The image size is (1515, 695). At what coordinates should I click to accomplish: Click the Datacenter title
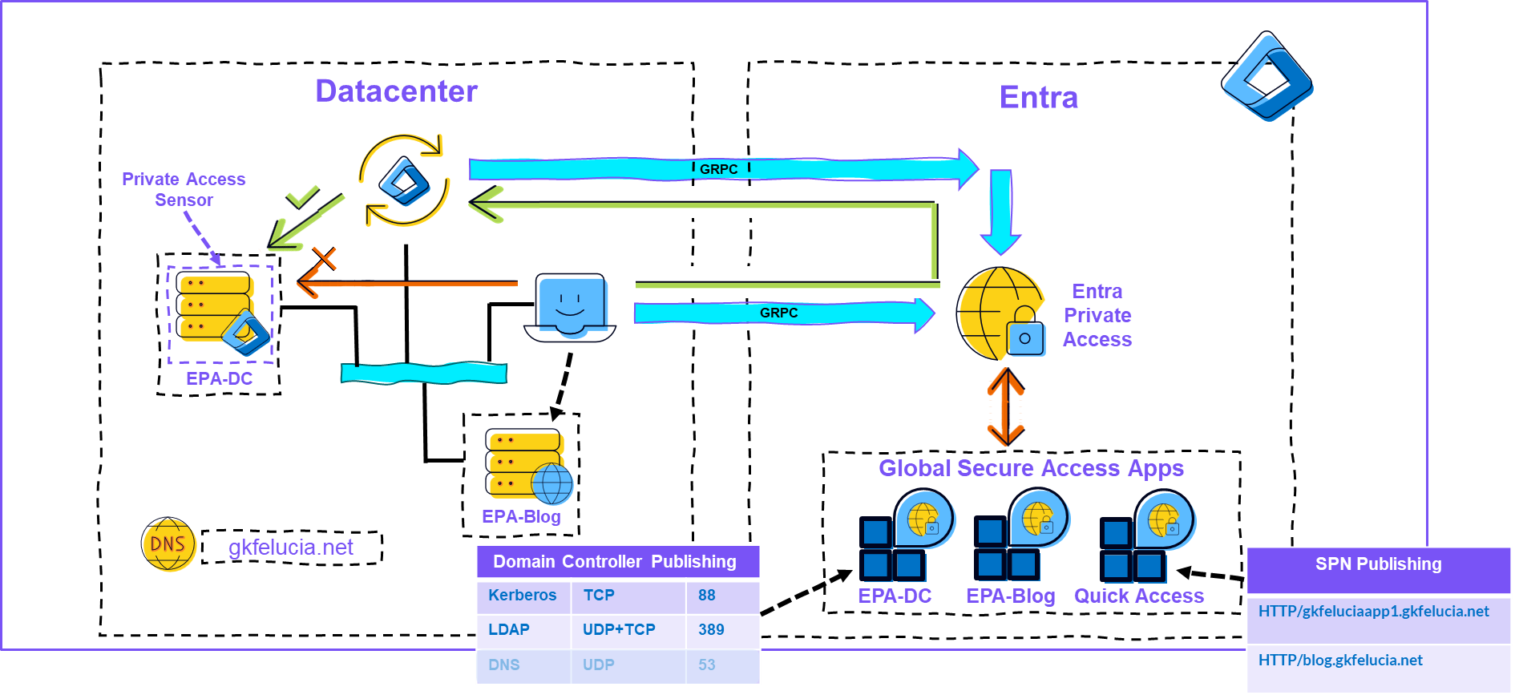tap(396, 91)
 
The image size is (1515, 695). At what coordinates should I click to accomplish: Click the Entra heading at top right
tap(1038, 98)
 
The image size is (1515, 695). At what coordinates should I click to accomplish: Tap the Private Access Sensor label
tap(184, 190)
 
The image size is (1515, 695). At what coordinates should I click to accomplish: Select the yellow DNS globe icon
tap(168, 543)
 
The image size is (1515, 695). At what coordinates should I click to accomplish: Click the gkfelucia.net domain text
tap(291, 548)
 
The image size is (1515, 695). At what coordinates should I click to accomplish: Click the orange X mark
tap(324, 259)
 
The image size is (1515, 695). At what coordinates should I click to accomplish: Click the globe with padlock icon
tap(1001, 314)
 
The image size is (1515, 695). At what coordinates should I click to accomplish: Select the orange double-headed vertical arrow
tap(1006, 406)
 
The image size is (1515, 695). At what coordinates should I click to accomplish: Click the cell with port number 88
tap(707, 596)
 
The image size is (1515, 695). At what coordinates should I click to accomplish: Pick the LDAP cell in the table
tap(509, 630)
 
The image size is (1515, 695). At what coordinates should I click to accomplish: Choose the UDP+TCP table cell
tap(619, 630)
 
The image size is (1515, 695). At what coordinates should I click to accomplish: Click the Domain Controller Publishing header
tap(615, 562)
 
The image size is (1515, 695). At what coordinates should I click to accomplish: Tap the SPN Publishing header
tap(1378, 564)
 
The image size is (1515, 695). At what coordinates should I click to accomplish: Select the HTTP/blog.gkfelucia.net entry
tap(1340, 661)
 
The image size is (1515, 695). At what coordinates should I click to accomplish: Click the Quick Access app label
tap(1139, 596)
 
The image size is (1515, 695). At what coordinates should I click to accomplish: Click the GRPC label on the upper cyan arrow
tap(718, 169)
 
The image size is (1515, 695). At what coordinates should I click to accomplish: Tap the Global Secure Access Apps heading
tap(1031, 468)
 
